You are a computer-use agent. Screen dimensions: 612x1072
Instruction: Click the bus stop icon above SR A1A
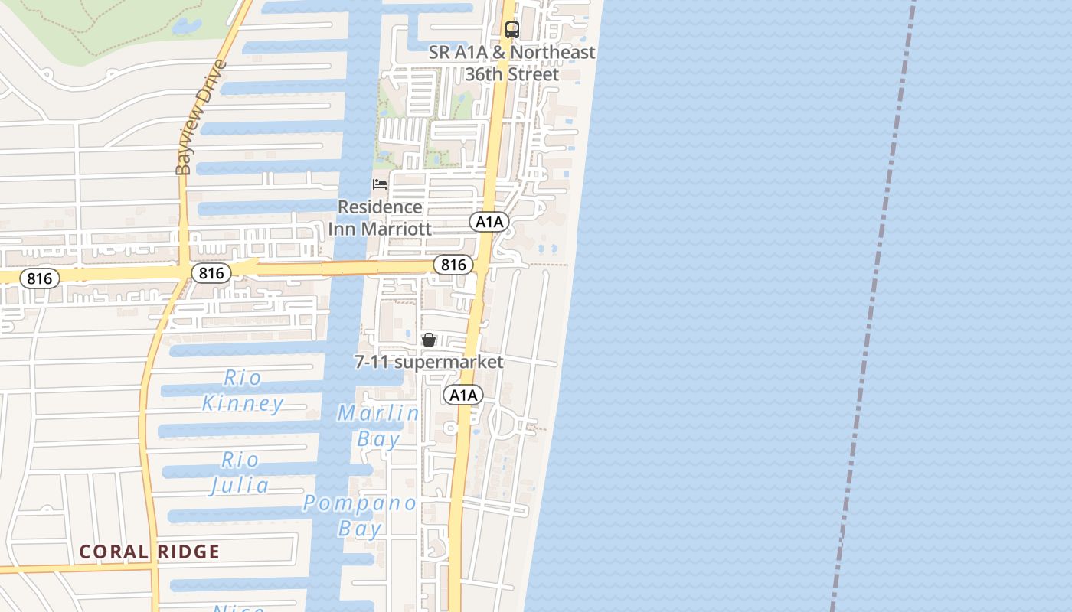coord(512,30)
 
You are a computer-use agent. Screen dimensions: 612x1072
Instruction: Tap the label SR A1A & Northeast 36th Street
coord(512,63)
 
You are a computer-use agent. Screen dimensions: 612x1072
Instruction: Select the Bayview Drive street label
coord(192,119)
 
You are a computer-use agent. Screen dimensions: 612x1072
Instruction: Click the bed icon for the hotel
coord(380,184)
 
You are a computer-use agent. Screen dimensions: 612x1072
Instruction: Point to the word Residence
coord(380,207)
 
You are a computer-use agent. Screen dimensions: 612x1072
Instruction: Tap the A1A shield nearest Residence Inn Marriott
coord(489,222)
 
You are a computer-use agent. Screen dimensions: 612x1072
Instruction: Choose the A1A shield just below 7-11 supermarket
coord(463,395)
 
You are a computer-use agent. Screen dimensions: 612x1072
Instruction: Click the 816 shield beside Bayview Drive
coord(211,272)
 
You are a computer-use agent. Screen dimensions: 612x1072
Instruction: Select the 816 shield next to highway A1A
coord(453,265)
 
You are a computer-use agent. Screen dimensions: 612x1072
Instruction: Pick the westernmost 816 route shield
coord(39,278)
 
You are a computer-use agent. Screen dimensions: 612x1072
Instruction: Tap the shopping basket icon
coord(429,340)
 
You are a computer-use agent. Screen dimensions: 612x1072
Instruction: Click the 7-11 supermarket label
coord(429,362)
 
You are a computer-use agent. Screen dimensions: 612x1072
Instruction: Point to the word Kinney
coord(243,403)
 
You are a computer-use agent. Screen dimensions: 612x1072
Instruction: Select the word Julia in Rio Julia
coord(240,485)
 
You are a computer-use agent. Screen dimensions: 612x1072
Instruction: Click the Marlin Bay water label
coord(378,426)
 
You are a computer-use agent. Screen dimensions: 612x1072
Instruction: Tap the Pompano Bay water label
coord(360,516)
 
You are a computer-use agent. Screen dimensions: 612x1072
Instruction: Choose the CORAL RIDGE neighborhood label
coord(149,552)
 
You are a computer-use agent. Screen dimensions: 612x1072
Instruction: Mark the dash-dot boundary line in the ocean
coord(873,306)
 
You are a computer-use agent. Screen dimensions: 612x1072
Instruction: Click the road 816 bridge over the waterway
coord(349,268)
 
